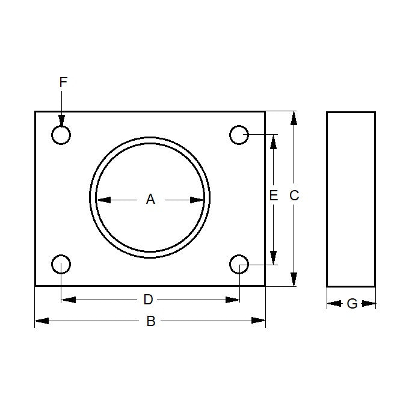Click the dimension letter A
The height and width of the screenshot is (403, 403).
(150, 199)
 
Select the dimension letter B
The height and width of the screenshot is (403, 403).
(151, 321)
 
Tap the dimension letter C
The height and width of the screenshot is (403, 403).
(294, 195)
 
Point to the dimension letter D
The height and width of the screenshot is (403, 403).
(148, 300)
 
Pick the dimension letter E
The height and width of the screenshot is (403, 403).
(274, 195)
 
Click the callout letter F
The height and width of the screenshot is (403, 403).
(63, 82)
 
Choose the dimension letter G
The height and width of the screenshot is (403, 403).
(352, 304)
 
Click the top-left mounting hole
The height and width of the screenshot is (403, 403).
(61, 135)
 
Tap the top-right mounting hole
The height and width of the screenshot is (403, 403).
(239, 135)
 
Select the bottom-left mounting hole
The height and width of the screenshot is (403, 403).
(61, 264)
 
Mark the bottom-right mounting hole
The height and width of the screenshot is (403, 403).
(239, 264)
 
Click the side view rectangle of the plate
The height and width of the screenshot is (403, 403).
(351, 199)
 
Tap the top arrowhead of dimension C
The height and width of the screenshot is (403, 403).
(294, 118)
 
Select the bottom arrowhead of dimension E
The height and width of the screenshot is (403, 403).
(274, 257)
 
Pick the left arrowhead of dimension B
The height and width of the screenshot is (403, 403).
(42, 321)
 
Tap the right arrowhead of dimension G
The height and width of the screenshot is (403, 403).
(370, 304)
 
